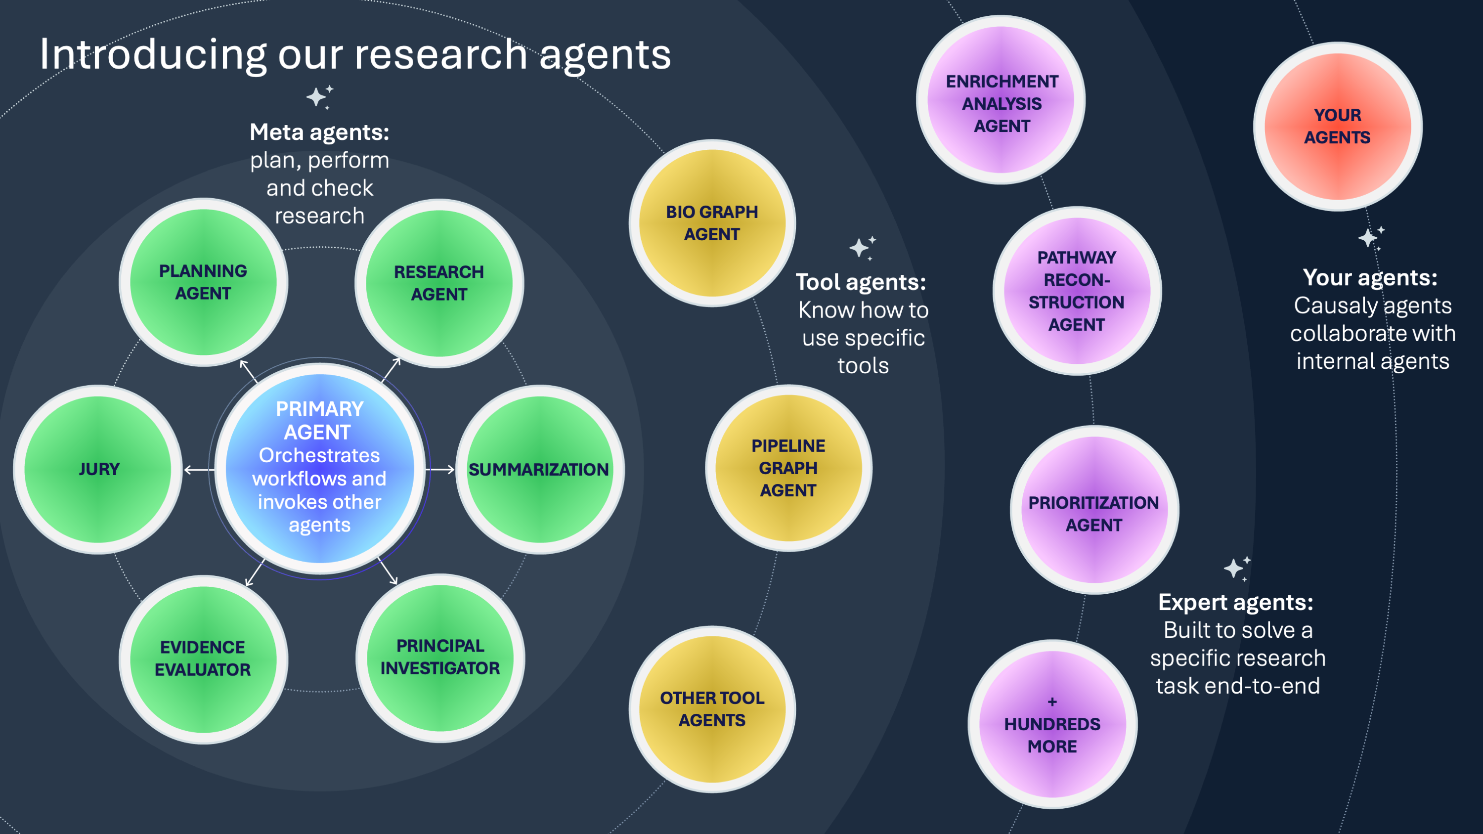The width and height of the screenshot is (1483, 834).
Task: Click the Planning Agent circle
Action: point(203,282)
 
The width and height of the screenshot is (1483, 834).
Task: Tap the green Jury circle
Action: point(98,469)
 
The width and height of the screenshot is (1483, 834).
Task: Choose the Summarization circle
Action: point(539,469)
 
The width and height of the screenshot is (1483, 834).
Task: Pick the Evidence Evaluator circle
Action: point(203,659)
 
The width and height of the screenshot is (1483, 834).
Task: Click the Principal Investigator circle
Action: point(440,658)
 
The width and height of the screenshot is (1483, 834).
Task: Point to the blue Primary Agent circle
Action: point(319,467)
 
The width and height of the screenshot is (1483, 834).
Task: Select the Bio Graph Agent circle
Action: point(712,223)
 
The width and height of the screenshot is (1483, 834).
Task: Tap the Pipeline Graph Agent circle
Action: point(788,468)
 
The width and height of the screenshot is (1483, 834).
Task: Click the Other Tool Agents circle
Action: point(712,708)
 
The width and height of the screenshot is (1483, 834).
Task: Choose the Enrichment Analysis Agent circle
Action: point(1001,100)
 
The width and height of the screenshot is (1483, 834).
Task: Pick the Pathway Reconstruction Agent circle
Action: point(1077,291)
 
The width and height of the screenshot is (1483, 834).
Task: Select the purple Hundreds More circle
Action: point(1052,724)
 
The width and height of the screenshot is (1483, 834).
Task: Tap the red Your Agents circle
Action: point(1337,127)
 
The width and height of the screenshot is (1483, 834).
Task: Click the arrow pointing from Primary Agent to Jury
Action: point(199,470)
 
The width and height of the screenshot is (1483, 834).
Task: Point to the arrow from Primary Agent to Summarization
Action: point(441,470)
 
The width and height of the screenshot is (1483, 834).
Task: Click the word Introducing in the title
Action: point(153,55)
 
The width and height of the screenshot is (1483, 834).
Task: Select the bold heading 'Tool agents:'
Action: point(861,282)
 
